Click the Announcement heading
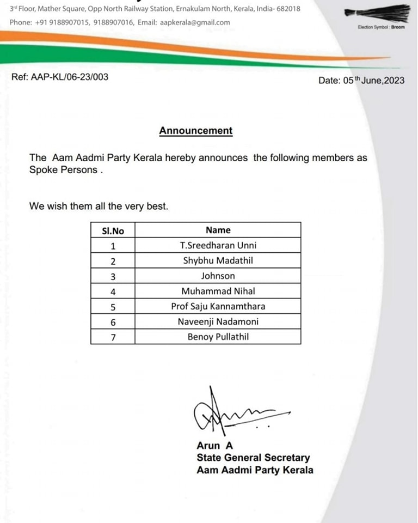(195, 131)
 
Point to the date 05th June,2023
(361, 81)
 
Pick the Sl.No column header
(113, 230)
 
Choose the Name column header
(218, 230)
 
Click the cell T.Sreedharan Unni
(218, 245)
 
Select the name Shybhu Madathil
(218, 260)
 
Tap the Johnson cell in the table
(218, 276)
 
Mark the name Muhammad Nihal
(218, 291)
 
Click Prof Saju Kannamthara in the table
(218, 306)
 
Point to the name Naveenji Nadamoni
(218, 321)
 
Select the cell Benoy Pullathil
(218, 337)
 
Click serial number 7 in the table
(113, 337)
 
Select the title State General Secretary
(253, 458)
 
